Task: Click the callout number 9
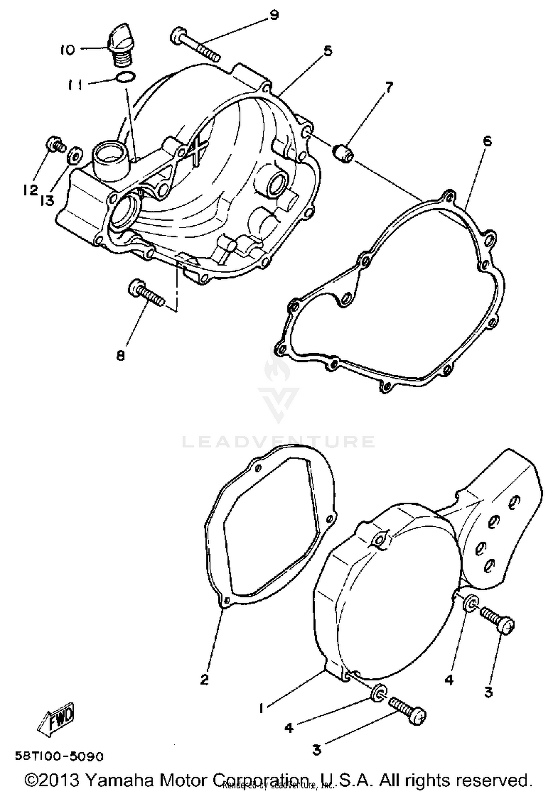(x=274, y=16)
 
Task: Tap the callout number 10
(x=67, y=50)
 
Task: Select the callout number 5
(x=327, y=51)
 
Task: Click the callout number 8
(x=120, y=356)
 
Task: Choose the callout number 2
(x=204, y=680)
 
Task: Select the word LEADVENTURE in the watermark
(x=278, y=442)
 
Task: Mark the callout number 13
(x=47, y=201)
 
